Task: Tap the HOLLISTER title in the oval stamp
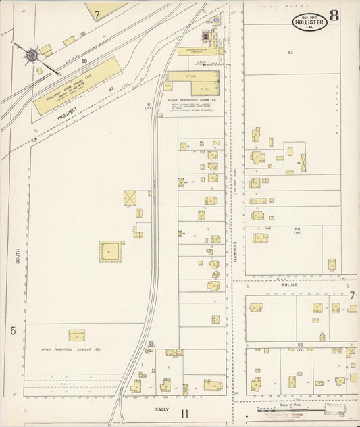pyautogui.click(x=309, y=22)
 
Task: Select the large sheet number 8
pyautogui.click(x=334, y=16)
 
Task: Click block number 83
pyautogui.click(x=290, y=52)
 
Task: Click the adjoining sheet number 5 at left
pyautogui.click(x=13, y=330)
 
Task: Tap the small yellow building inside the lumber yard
pyautogui.click(x=76, y=335)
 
